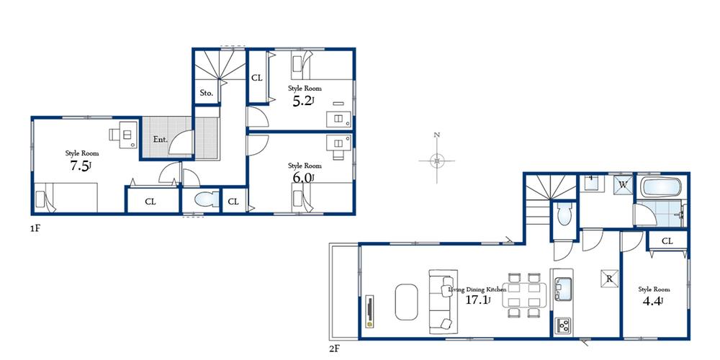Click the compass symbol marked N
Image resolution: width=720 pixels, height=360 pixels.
coord(436,160)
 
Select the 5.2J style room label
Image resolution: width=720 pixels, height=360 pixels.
coord(303,101)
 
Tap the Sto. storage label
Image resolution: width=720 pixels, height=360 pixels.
coord(206,93)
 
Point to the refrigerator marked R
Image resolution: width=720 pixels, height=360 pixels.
coord(608,279)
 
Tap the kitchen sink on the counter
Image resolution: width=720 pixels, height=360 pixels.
coord(562,289)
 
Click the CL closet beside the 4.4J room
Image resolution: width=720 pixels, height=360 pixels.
coord(667,241)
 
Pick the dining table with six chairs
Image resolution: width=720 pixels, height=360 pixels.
coord(523,294)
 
